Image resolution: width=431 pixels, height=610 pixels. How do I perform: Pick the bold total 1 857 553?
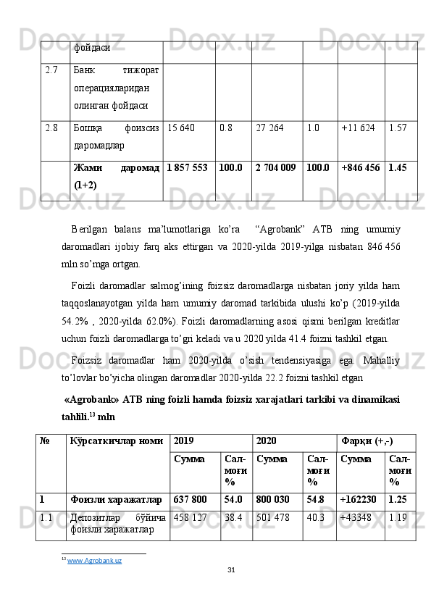click(187, 168)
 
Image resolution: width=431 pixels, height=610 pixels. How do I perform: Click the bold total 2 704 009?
click(275, 168)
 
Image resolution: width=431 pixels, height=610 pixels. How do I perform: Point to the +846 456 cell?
click(360, 168)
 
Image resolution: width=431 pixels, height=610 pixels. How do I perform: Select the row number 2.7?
click(51, 70)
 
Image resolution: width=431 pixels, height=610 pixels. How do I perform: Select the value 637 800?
click(190, 499)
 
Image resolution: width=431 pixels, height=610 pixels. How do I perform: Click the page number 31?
click(231, 572)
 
